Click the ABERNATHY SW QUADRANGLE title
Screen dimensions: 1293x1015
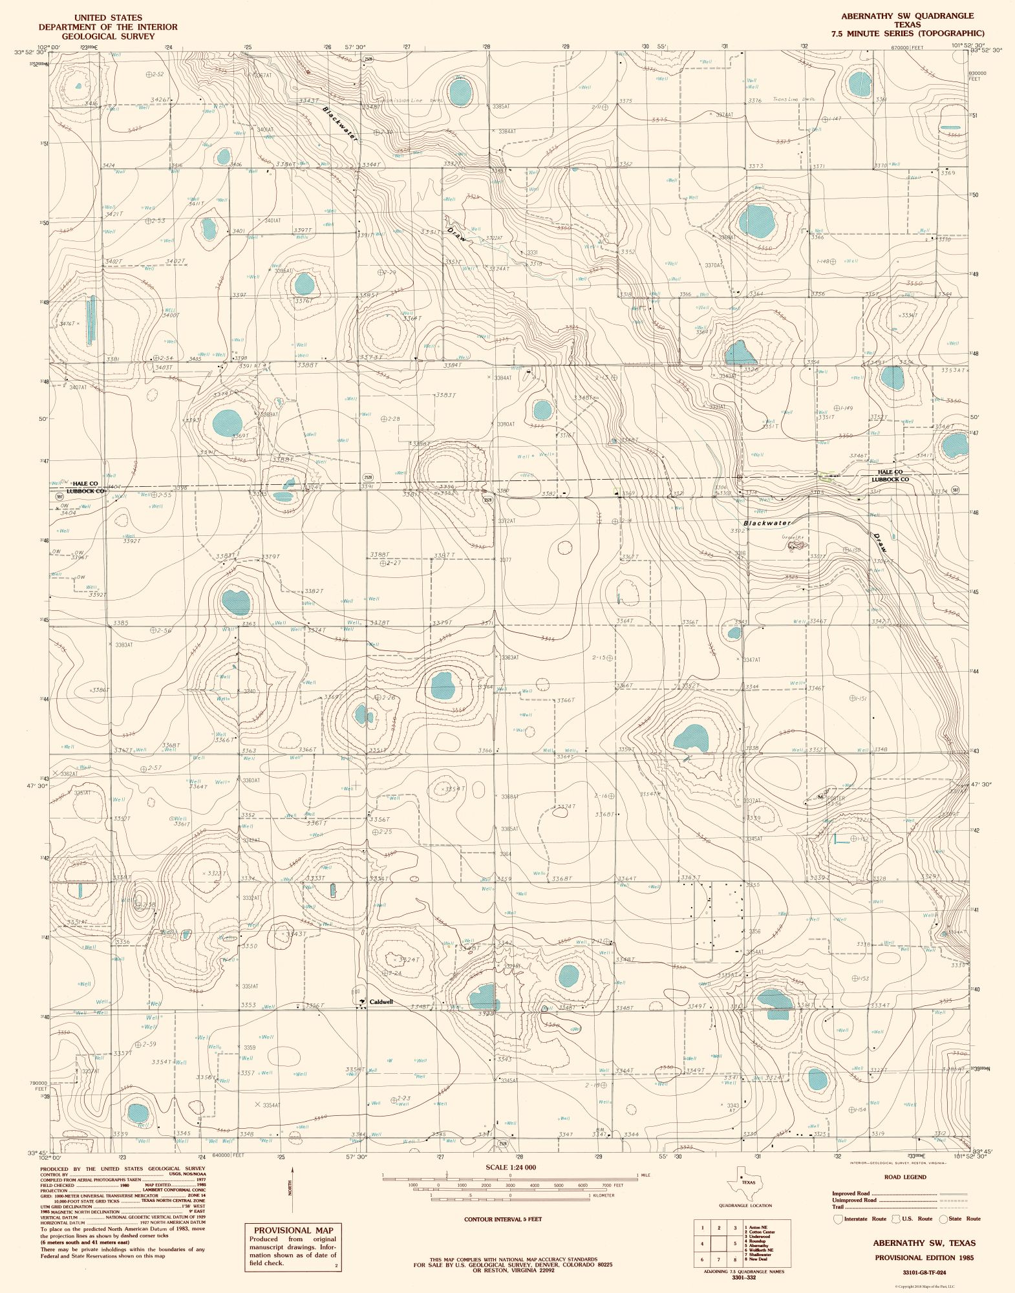click(907, 16)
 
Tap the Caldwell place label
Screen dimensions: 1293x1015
click(380, 1002)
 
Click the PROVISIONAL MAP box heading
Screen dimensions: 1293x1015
click(293, 1230)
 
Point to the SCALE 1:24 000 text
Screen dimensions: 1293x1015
click(510, 1167)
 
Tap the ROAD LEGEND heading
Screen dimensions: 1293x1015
click(905, 1177)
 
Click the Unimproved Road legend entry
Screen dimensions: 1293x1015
click(854, 1200)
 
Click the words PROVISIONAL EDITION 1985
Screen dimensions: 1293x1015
click(924, 1257)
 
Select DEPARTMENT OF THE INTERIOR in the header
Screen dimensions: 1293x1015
click(108, 27)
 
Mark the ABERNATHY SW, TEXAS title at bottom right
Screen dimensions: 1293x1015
click(924, 1243)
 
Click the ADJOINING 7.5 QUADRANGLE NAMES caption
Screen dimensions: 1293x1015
click(743, 1271)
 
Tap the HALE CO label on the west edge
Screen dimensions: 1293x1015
click(85, 484)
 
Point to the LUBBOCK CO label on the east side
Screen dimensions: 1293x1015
click(890, 480)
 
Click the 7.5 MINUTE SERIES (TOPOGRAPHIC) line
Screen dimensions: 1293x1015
click(908, 33)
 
